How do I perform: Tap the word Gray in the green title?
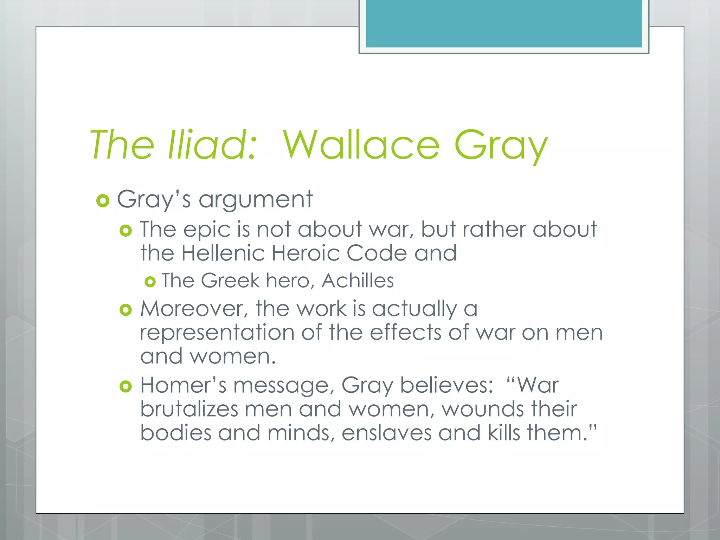[x=501, y=146]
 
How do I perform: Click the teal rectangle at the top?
[x=504, y=24]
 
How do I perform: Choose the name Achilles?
[x=358, y=281]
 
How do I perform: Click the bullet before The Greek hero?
[x=150, y=282]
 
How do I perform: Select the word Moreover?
[x=192, y=309]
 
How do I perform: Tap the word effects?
[x=405, y=332]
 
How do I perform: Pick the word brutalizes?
[x=189, y=409]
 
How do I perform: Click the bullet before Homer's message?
[x=126, y=387]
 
